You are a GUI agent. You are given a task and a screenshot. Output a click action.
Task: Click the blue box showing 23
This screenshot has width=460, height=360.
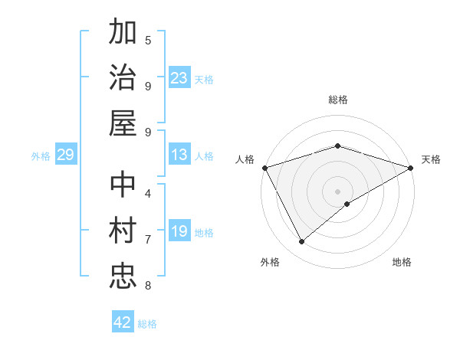click(179, 78)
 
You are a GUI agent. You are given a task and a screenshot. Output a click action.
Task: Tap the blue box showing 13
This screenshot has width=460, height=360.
click(179, 155)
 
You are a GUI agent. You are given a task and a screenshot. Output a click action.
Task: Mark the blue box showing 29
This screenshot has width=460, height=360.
click(65, 155)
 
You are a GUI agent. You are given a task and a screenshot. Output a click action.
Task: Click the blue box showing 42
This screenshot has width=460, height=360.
click(123, 322)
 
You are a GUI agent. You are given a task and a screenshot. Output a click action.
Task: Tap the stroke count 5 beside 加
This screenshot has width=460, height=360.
click(148, 40)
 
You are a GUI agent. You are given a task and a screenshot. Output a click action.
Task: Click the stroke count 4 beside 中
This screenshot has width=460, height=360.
click(148, 193)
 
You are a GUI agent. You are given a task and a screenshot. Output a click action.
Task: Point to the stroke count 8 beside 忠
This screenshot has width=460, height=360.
click(148, 286)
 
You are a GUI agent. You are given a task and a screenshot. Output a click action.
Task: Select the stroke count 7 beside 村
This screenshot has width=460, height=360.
click(148, 240)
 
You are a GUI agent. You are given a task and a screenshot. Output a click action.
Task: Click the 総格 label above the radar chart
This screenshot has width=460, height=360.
click(337, 100)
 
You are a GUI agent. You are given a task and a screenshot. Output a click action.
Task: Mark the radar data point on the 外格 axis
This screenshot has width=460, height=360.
click(301, 242)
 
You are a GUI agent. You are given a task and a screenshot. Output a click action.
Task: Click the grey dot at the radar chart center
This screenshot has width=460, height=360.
click(337, 191)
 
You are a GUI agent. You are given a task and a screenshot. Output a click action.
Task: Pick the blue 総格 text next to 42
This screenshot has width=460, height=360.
click(147, 324)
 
